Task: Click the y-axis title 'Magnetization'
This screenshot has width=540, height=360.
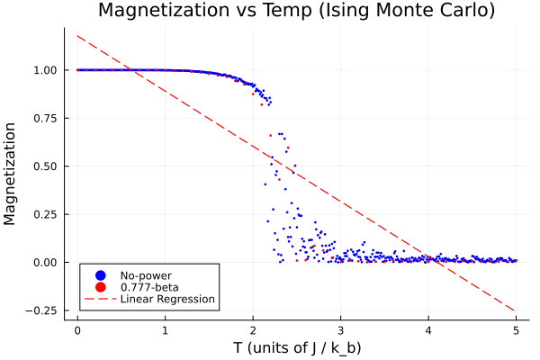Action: tap(11, 173)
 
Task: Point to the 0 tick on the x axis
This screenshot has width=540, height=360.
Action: tap(77, 329)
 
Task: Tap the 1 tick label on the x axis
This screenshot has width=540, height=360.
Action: tap(166, 329)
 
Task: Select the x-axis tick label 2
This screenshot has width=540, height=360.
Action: tap(253, 329)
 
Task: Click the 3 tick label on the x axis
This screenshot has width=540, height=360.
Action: tap(341, 329)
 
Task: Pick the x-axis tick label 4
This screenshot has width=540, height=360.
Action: tap(428, 329)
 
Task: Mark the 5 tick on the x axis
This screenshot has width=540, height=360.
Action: tap(517, 329)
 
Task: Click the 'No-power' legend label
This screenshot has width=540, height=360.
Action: tap(146, 275)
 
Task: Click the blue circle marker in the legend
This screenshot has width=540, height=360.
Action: tap(101, 275)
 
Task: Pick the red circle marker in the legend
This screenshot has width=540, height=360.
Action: tap(101, 287)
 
